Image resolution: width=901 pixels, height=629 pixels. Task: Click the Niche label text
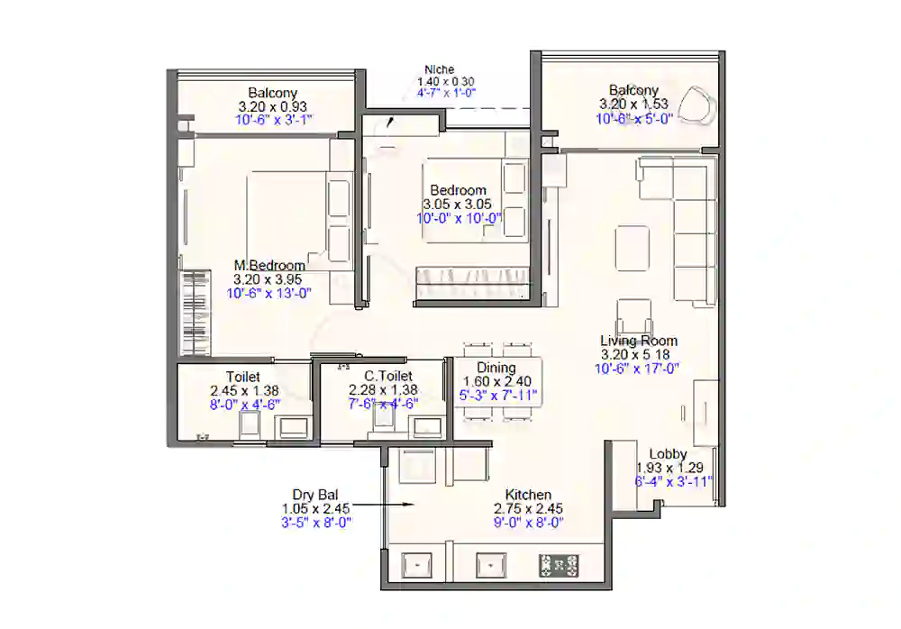pos(440,69)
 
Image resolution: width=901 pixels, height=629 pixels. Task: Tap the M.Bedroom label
pos(269,266)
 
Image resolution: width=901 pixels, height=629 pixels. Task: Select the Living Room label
pos(639,341)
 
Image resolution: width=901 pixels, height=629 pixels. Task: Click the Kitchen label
pos(528,495)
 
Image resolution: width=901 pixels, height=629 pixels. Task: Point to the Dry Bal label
pos(314,494)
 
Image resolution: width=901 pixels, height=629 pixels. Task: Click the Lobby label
pos(668,454)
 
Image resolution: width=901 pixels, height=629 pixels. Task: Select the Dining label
pos(496,368)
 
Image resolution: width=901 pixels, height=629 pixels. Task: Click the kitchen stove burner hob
pos(559,566)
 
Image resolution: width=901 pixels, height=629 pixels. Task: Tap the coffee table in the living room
pos(631,248)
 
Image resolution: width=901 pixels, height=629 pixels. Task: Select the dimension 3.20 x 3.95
pos(269,279)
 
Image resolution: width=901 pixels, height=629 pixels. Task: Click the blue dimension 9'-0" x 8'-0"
pos(528,522)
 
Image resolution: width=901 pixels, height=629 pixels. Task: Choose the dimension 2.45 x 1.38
pos(243,391)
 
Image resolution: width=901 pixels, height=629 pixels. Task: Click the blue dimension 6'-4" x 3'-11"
pos(674,481)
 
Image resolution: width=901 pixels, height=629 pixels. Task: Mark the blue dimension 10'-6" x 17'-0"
pos(637,368)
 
